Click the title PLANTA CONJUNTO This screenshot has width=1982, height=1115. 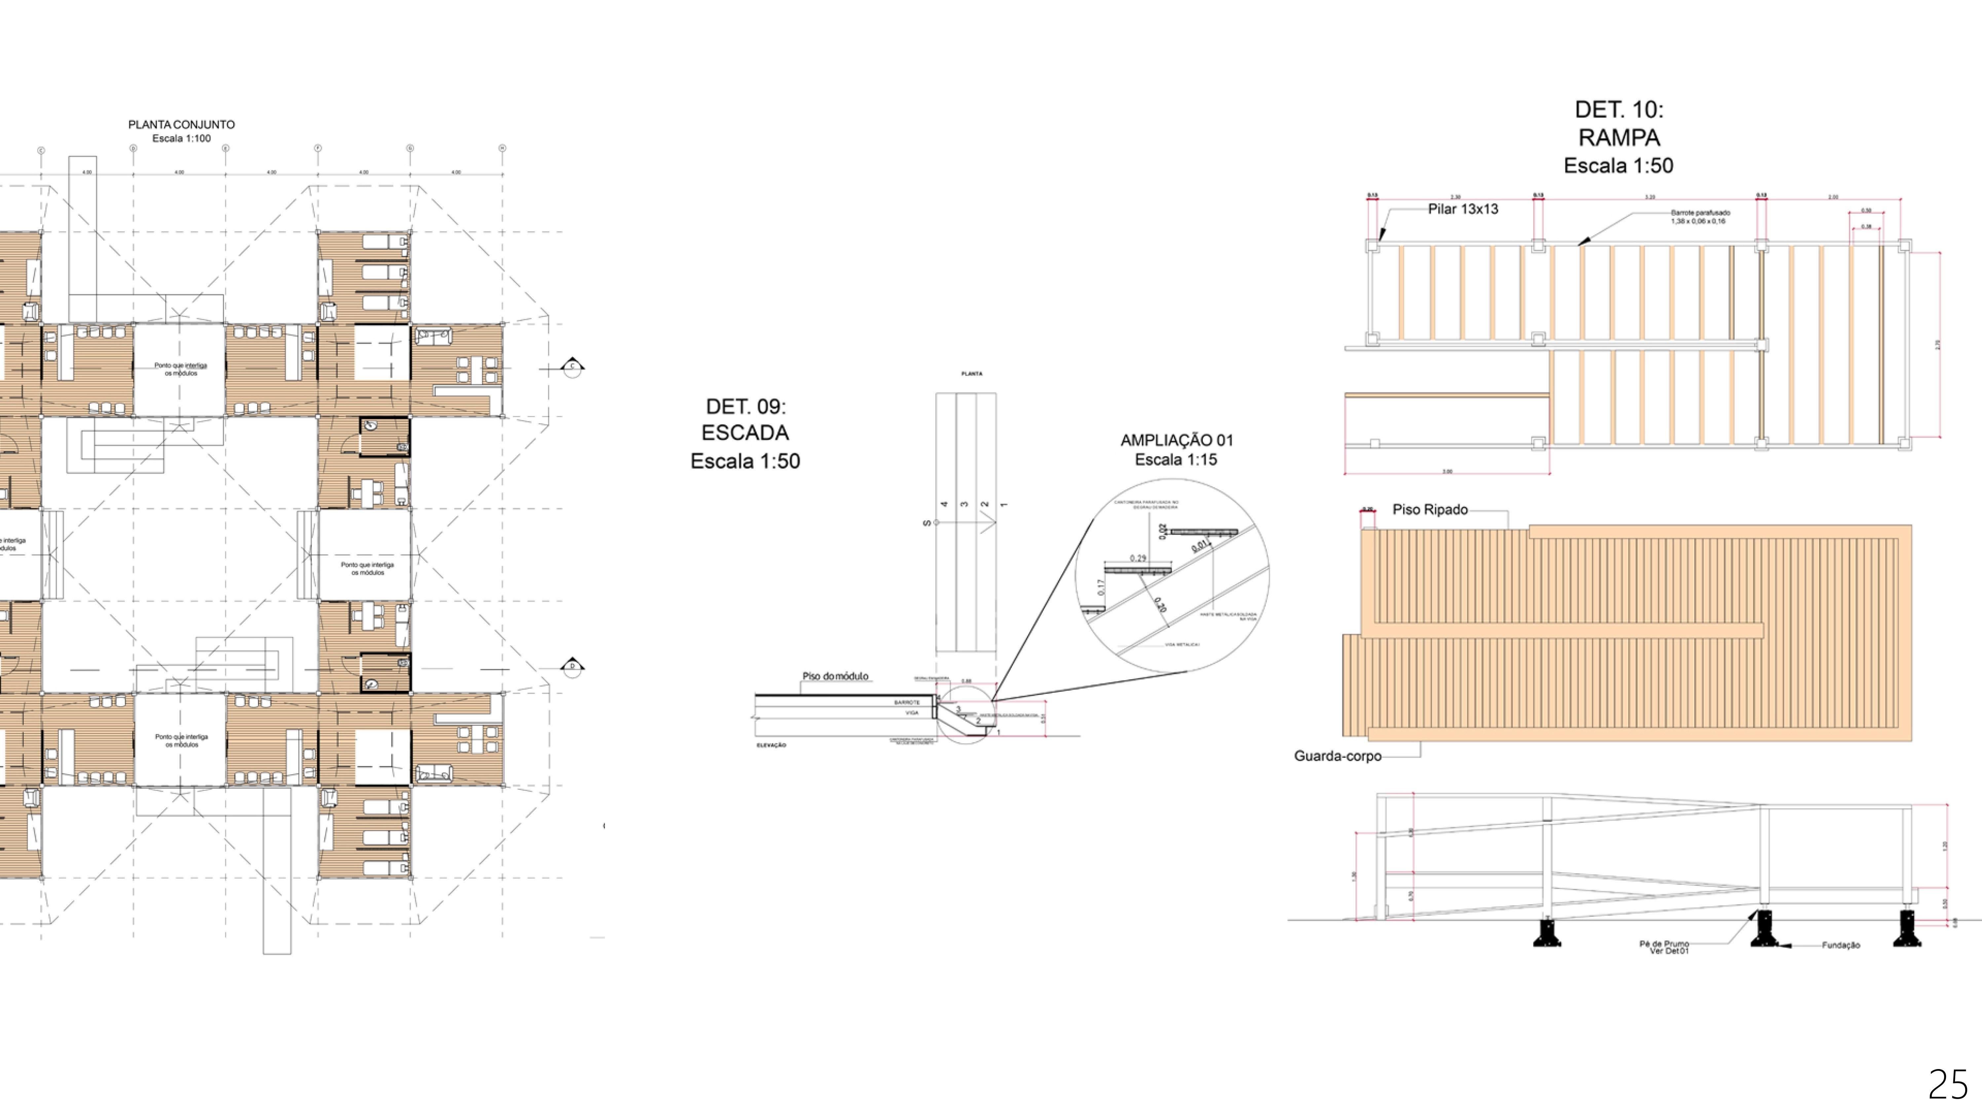pos(182,125)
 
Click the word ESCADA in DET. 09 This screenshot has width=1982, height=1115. pos(745,433)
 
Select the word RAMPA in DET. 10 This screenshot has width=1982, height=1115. pos(1619,138)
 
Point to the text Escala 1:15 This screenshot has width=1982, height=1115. pos(1176,460)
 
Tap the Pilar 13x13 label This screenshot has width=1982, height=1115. pos(1463,209)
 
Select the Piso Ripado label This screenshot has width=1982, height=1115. pos(1430,509)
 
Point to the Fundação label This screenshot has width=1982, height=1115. pos(1840,945)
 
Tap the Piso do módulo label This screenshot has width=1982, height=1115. pos(835,676)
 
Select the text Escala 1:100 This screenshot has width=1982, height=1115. pos(182,138)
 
